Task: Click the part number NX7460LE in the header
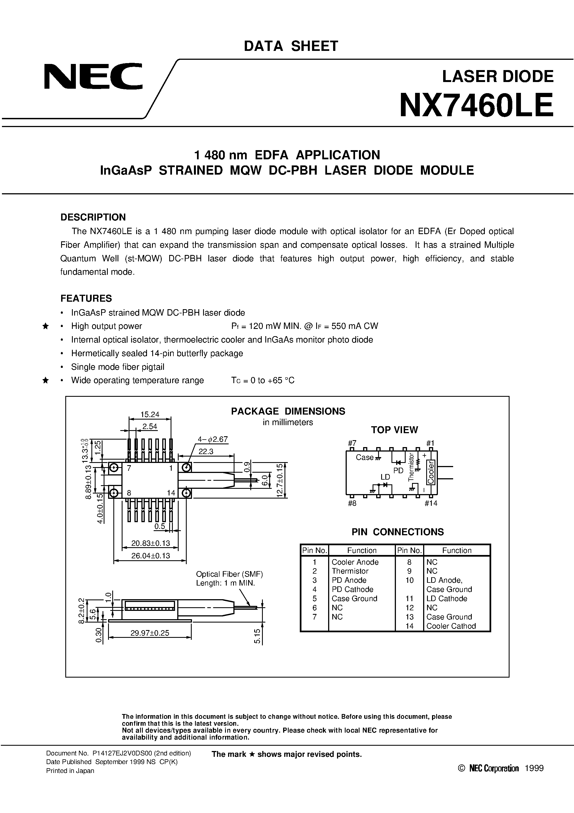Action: [476, 105]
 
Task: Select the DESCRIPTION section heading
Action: [93, 217]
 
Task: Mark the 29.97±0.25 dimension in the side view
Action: [150, 633]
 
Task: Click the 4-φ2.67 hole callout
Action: [213, 439]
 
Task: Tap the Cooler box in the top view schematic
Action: [431, 472]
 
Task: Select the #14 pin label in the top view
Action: [431, 503]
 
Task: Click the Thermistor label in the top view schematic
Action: [411, 467]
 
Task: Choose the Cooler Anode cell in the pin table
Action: [355, 562]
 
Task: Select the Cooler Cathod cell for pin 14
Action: [451, 626]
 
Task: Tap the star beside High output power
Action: [45, 326]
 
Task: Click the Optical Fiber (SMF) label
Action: [229, 574]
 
